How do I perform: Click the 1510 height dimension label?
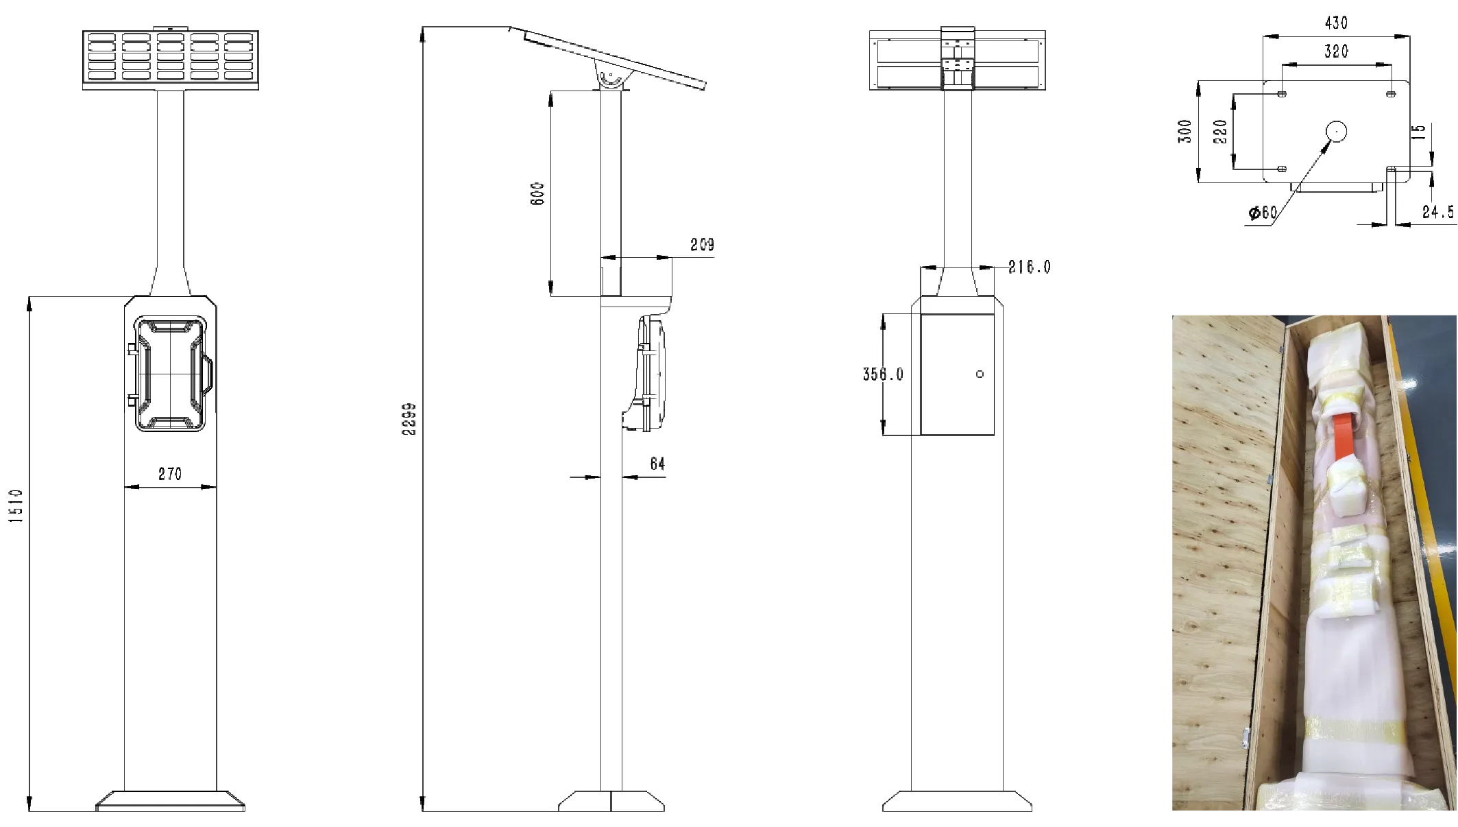[16, 505]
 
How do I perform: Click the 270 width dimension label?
[170, 474]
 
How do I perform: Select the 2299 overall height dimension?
[409, 418]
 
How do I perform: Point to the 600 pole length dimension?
[537, 193]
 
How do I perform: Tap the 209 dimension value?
[702, 245]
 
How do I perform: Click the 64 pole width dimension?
[657, 464]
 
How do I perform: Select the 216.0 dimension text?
[1029, 267]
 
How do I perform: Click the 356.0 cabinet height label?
[883, 374]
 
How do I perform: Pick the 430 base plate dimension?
[1336, 23]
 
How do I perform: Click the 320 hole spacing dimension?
[1336, 51]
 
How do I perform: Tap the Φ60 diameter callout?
[1262, 213]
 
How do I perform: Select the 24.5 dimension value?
[1437, 212]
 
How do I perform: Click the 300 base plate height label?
[1185, 131]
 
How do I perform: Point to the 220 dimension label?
[1220, 131]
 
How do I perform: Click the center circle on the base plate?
[1336, 131]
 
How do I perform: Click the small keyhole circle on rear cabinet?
[980, 374]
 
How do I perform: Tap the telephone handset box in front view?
[170, 374]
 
